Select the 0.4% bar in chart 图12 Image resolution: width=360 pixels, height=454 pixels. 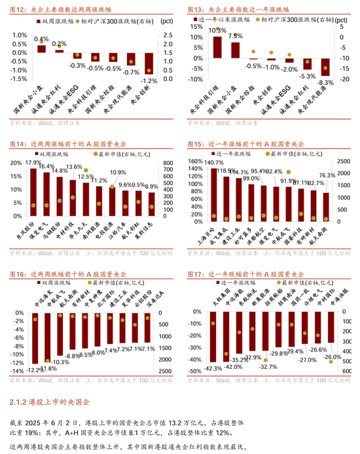click(41, 48)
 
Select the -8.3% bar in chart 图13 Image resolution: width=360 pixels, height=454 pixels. click(325, 67)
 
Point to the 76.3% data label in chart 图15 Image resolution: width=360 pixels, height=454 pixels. click(327, 175)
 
